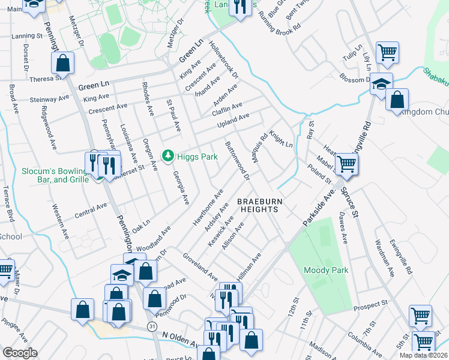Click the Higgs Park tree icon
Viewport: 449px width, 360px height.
[x=169, y=157]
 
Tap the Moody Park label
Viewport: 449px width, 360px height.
[x=326, y=271]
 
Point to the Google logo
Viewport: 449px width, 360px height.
[x=20, y=353]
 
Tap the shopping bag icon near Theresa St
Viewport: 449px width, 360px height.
[x=63, y=62]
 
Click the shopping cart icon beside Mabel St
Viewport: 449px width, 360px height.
[x=346, y=163]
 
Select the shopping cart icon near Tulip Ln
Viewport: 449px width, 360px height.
[x=387, y=52]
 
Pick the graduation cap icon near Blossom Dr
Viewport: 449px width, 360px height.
[x=381, y=83]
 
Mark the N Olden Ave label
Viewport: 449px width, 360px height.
[x=180, y=340]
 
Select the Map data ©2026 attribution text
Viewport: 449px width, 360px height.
[x=423, y=355]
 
